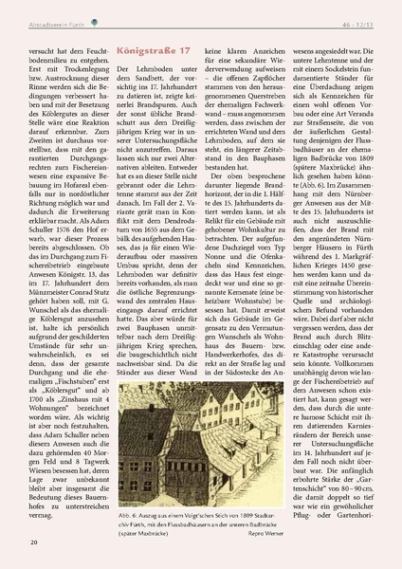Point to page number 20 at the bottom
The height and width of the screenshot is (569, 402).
pos(34,541)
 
